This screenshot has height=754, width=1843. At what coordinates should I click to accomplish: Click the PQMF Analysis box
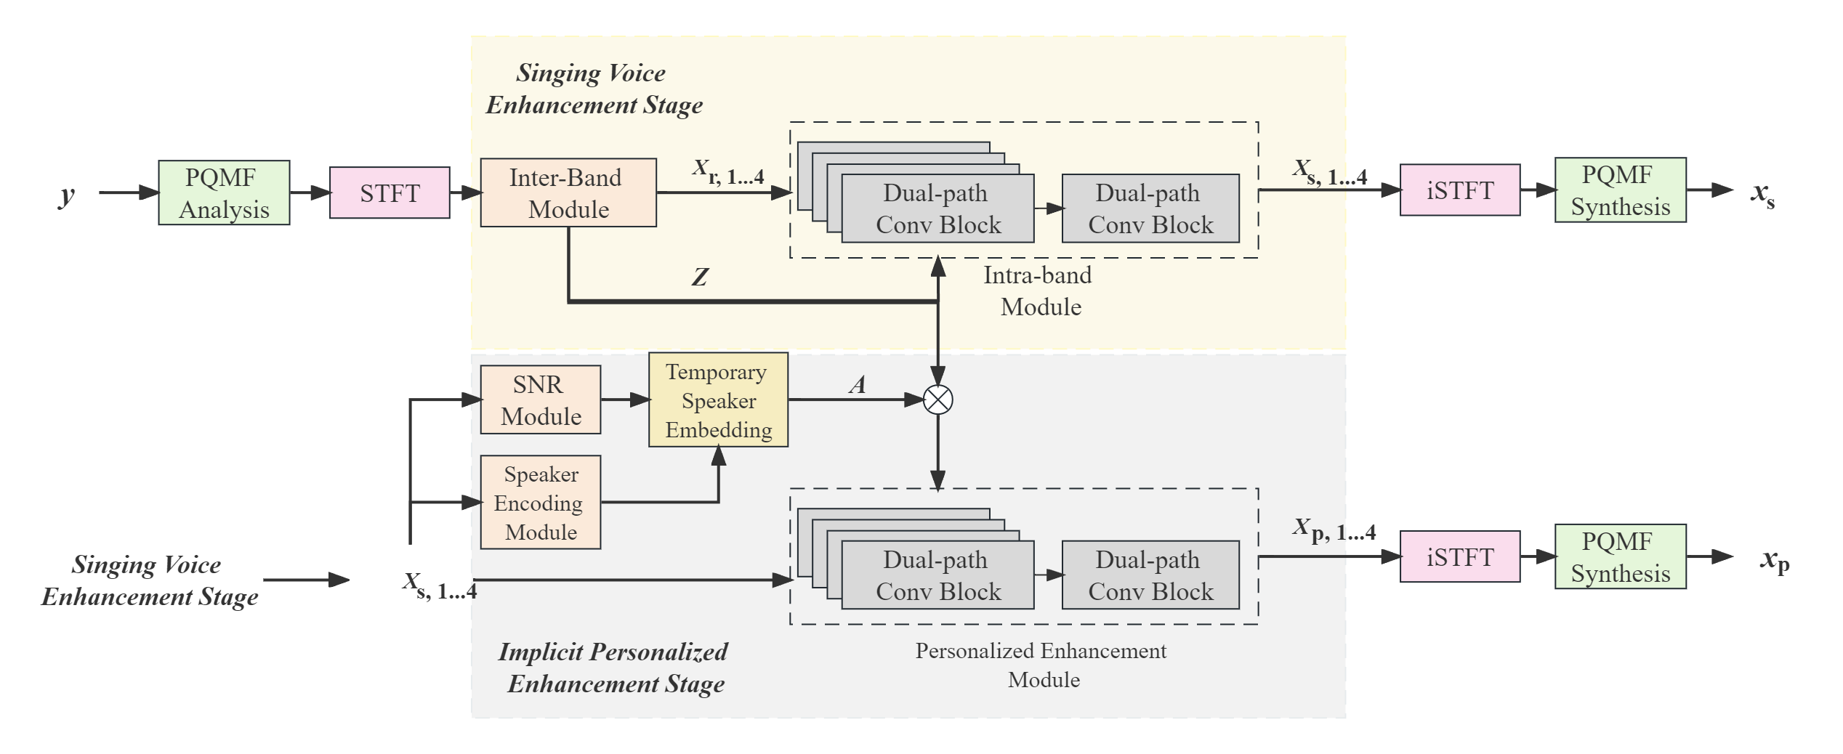(x=224, y=193)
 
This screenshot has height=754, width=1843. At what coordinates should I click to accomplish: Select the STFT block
(x=390, y=193)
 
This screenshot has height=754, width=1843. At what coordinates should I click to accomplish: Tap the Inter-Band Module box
(x=568, y=193)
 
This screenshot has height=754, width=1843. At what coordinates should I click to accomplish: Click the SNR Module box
(x=541, y=400)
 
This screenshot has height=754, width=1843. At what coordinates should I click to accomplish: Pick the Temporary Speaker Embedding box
(x=718, y=400)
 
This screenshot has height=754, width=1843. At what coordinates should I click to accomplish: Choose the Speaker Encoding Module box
(x=541, y=503)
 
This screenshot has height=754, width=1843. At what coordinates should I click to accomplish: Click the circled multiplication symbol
(x=937, y=400)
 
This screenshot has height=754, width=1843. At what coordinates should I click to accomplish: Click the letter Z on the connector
(x=699, y=277)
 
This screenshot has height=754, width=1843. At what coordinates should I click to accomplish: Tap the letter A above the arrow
(x=858, y=385)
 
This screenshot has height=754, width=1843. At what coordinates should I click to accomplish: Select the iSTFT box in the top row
(x=1459, y=190)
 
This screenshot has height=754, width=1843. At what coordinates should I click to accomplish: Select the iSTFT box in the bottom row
(x=1459, y=557)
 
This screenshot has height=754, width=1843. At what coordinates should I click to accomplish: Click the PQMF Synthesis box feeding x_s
(x=1620, y=190)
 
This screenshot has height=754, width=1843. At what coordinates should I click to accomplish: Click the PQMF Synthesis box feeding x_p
(x=1620, y=557)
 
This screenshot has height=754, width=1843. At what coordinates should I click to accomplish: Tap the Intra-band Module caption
(x=1040, y=291)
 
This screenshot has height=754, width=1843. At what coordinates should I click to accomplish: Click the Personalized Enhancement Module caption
(x=1041, y=665)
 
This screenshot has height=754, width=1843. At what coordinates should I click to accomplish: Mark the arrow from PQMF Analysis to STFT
(x=310, y=193)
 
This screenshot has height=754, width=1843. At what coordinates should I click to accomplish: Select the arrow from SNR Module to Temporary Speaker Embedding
(x=624, y=400)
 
